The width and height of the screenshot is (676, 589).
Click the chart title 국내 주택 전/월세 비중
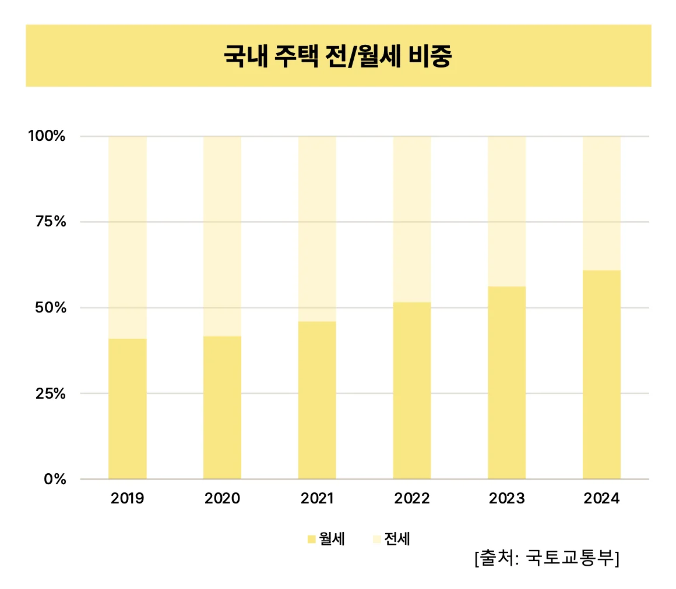(337, 57)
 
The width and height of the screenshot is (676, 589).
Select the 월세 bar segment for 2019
(128, 409)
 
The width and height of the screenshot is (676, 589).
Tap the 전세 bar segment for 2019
(128, 237)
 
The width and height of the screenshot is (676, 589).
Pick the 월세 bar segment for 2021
(317, 400)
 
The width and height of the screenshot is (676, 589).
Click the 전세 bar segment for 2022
(412, 219)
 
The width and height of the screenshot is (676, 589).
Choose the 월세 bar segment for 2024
(601, 374)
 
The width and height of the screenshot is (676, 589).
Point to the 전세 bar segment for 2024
(601, 203)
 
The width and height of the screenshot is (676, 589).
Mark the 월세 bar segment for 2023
(506, 382)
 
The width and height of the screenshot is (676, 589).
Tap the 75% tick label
(50, 222)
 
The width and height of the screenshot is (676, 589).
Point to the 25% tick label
(50, 393)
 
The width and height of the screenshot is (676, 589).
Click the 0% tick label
(56, 479)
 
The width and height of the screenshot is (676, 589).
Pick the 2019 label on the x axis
(127, 499)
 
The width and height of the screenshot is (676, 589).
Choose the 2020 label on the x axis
(222, 499)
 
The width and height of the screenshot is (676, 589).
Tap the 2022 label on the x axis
(412, 499)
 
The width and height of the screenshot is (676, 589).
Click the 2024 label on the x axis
(601, 499)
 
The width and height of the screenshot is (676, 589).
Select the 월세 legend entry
(327, 540)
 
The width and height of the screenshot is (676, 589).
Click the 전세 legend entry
(392, 540)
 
